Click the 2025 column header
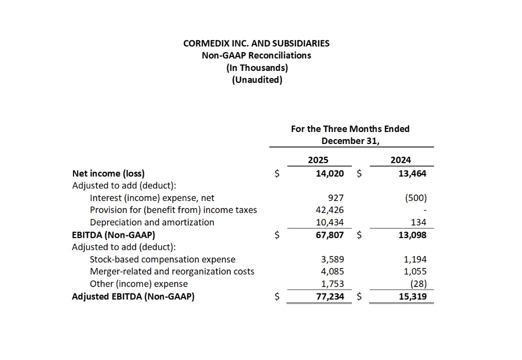point(318,160)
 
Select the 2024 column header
point(400,160)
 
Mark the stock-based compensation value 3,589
point(332,259)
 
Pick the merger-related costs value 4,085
point(332,271)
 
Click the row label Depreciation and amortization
point(152,222)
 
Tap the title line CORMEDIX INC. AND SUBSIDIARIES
point(256,43)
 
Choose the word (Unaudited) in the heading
point(257,79)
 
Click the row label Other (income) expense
point(139,284)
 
